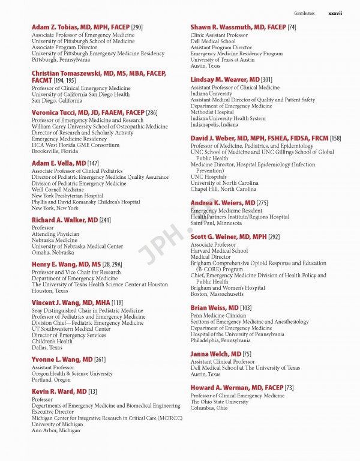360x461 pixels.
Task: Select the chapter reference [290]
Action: (137, 28)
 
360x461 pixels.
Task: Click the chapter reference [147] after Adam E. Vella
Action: (93, 163)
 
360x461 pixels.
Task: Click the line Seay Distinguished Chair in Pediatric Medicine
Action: (87, 311)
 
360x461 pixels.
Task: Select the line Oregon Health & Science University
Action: (72, 373)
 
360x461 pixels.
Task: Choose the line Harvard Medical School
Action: (219, 251)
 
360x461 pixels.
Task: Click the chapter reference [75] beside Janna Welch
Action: (247, 354)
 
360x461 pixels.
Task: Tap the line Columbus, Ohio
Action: (209, 408)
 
